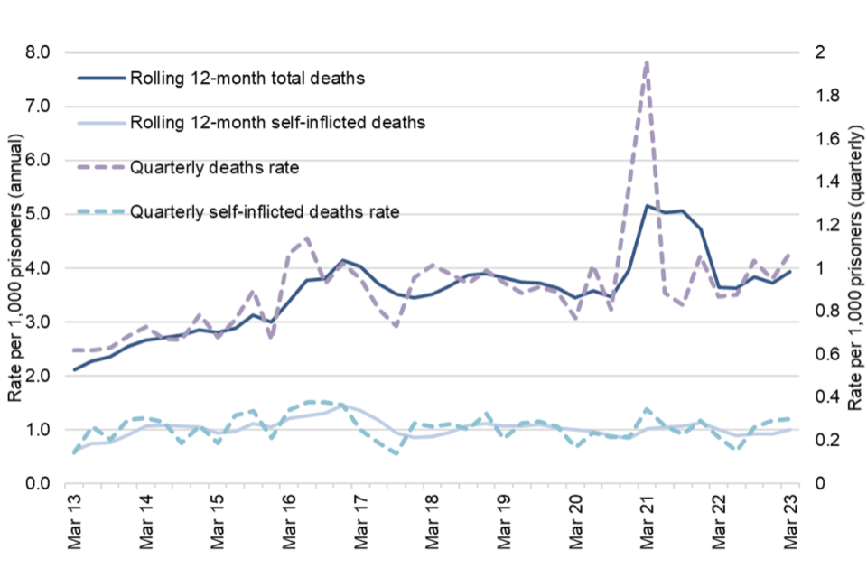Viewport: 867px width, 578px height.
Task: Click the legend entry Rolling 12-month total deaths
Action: [x=247, y=79]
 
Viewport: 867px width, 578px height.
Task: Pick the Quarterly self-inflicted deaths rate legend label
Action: [x=265, y=212]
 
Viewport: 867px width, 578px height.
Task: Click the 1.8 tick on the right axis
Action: [x=819, y=96]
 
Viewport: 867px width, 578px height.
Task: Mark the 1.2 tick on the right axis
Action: [x=819, y=225]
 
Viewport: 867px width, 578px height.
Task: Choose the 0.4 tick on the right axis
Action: [x=819, y=397]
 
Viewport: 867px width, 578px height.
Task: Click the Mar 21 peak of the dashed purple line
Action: [x=647, y=61]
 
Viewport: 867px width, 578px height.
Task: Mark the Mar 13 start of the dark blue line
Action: [x=75, y=369]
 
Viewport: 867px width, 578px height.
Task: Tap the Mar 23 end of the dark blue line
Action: [x=790, y=272]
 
